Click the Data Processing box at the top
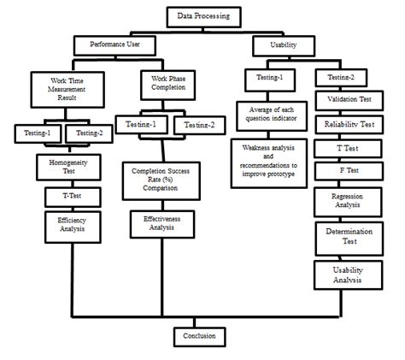(x=203, y=15)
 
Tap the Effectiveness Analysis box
(x=160, y=224)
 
